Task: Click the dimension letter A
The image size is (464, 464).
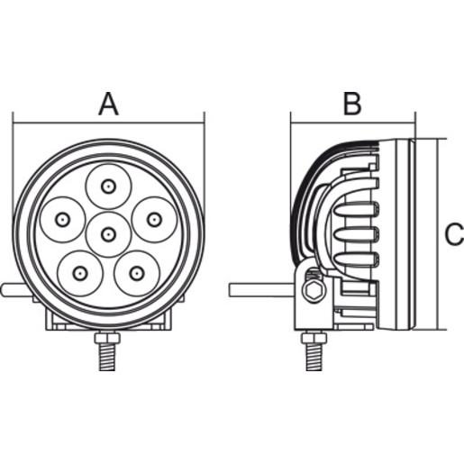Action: (x=108, y=104)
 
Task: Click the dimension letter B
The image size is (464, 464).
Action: (x=351, y=104)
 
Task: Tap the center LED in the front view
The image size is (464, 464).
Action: (x=108, y=235)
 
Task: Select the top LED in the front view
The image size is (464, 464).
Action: (x=108, y=187)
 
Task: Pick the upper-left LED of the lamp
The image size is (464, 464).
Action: (x=63, y=219)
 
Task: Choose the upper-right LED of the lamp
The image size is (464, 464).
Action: (x=153, y=219)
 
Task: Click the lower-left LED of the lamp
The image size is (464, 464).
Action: (x=80, y=271)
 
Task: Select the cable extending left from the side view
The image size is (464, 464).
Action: (x=261, y=290)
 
